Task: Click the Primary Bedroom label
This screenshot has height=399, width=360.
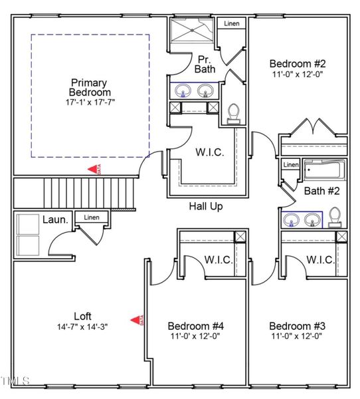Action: (x=90, y=87)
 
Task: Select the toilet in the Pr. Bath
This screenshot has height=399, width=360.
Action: (x=233, y=114)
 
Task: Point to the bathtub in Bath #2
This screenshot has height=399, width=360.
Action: (x=323, y=171)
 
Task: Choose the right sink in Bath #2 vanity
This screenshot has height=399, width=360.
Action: (x=312, y=219)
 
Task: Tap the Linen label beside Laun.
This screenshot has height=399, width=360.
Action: (x=92, y=217)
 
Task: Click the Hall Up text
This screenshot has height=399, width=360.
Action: (x=205, y=206)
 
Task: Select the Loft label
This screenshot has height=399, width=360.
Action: (x=82, y=316)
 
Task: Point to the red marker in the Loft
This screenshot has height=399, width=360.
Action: (x=135, y=321)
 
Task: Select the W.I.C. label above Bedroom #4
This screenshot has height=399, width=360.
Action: (x=218, y=259)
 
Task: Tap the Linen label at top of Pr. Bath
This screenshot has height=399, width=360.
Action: (x=232, y=23)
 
